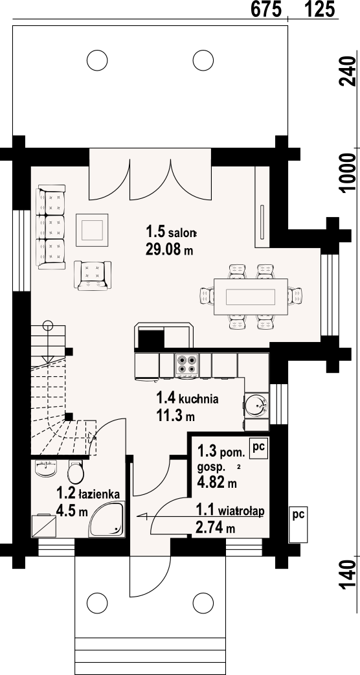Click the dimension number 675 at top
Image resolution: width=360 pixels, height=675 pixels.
click(x=266, y=9)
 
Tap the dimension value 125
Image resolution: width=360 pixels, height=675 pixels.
click(x=320, y=9)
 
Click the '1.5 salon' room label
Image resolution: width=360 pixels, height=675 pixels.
click(x=171, y=233)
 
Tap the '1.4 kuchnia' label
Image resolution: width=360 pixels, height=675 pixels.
click(x=187, y=398)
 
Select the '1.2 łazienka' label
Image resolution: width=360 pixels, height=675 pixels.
click(x=88, y=494)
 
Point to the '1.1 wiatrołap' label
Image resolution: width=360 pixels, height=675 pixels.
click(x=230, y=511)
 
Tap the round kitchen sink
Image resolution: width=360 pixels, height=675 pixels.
click(x=257, y=405)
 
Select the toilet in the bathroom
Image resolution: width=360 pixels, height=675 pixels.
click(x=76, y=472)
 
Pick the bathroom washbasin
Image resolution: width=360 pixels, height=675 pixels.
click(x=45, y=468)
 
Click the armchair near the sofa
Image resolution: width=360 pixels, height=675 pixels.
click(x=92, y=275)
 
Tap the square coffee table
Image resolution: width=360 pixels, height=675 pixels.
click(x=92, y=230)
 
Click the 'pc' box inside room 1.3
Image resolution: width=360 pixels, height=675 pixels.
click(x=258, y=448)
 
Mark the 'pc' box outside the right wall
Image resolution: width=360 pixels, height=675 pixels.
click(x=298, y=523)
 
